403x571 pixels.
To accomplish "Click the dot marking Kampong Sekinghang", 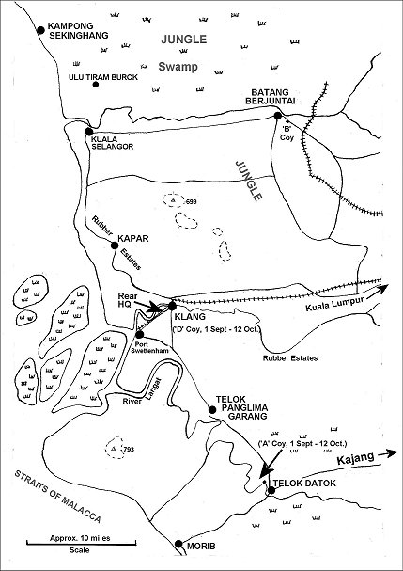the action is [40, 30].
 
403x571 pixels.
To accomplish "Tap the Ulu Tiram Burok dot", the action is [96, 85].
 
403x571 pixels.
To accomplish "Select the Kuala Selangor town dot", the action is [89, 132].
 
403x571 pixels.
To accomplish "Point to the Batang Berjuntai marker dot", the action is [277, 116].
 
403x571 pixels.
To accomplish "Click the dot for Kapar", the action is [115, 246].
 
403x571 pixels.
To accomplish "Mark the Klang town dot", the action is [173, 306].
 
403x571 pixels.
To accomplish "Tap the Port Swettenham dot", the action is [139, 334].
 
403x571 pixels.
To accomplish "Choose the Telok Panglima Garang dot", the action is [212, 410].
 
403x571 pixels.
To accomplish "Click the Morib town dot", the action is [178, 544].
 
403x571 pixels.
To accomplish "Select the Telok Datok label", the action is [304, 484].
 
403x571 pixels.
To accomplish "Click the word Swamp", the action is [178, 67].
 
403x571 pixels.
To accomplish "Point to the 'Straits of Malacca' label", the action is [57, 497].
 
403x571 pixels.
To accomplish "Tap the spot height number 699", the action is [191, 201].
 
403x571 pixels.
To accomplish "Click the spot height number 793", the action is [129, 450].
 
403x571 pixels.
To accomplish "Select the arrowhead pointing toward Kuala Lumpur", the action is [382, 289].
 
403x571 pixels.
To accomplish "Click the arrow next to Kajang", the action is [388, 453].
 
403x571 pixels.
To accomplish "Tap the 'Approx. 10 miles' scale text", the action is [80, 538].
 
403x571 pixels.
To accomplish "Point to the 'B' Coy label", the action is [287, 133].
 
